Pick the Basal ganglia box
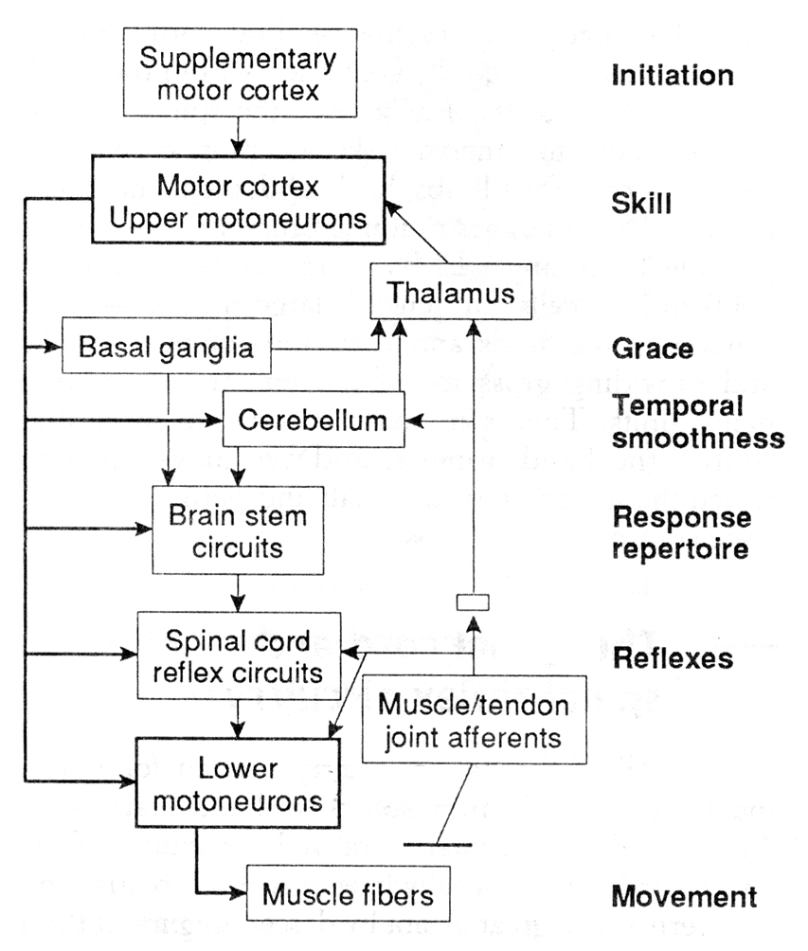click(166, 349)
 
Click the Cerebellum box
click(313, 420)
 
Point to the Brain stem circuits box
click(238, 530)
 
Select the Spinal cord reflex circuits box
click(239, 657)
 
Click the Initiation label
click(673, 75)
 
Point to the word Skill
click(642, 203)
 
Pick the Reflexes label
click(673, 657)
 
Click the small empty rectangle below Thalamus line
click(472, 601)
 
